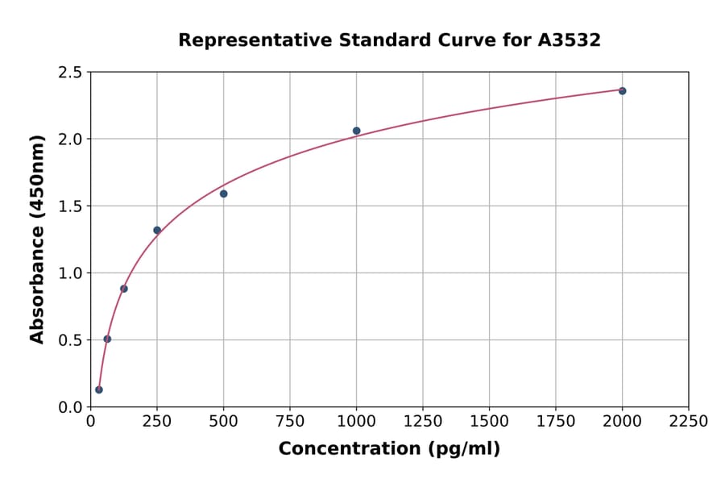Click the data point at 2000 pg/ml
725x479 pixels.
(622, 91)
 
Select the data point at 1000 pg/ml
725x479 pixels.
(356, 131)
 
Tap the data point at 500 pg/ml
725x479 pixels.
(223, 194)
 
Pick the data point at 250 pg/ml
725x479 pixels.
(157, 230)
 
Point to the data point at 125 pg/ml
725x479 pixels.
(124, 289)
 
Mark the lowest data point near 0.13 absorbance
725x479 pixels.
(99, 389)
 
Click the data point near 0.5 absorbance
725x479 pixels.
(107, 339)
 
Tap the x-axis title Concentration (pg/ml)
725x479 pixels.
(389, 449)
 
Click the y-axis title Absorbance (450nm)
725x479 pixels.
(37, 239)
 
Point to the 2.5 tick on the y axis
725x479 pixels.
(70, 73)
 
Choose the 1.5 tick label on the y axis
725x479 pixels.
(70, 206)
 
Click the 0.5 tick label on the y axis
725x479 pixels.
(70, 340)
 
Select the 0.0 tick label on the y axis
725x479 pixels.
(70, 407)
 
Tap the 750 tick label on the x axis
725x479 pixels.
(290, 422)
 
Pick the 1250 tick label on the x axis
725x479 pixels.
(423, 422)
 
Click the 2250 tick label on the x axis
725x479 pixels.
(689, 422)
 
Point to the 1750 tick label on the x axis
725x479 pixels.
(556, 422)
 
